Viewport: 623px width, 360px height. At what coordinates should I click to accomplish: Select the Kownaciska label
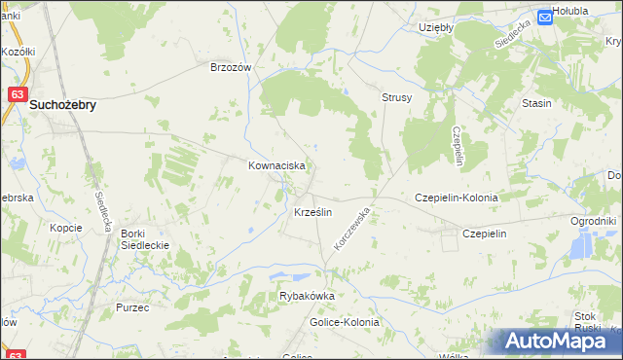point(277,166)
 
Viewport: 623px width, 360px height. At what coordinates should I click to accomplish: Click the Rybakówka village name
point(307,297)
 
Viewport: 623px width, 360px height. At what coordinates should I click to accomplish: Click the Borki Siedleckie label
point(145,239)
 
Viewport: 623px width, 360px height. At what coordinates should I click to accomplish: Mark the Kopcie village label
point(65,227)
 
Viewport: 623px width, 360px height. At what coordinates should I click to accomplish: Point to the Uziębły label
point(436,28)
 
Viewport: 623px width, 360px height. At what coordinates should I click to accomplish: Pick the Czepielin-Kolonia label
point(457,198)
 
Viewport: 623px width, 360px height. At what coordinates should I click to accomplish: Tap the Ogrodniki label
point(594,222)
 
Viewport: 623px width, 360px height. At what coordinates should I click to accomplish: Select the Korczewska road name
point(353,227)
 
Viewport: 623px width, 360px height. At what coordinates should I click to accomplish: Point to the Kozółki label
point(18,52)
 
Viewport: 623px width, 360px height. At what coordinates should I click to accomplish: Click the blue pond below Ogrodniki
point(582,248)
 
